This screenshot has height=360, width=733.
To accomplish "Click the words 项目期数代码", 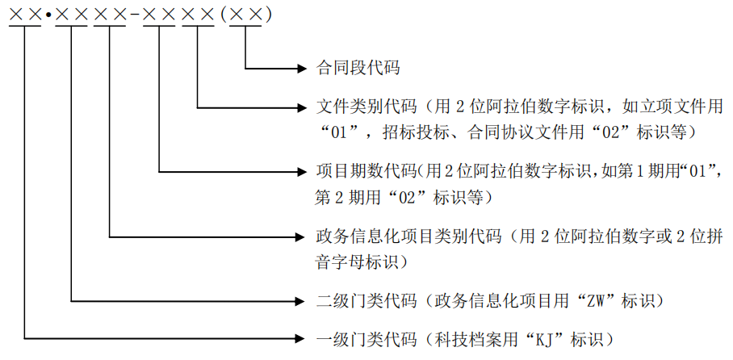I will coord(367,172).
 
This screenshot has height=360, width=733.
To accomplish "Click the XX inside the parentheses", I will coord(245,14).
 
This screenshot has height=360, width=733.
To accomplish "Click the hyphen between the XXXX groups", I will coord(134,15).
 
